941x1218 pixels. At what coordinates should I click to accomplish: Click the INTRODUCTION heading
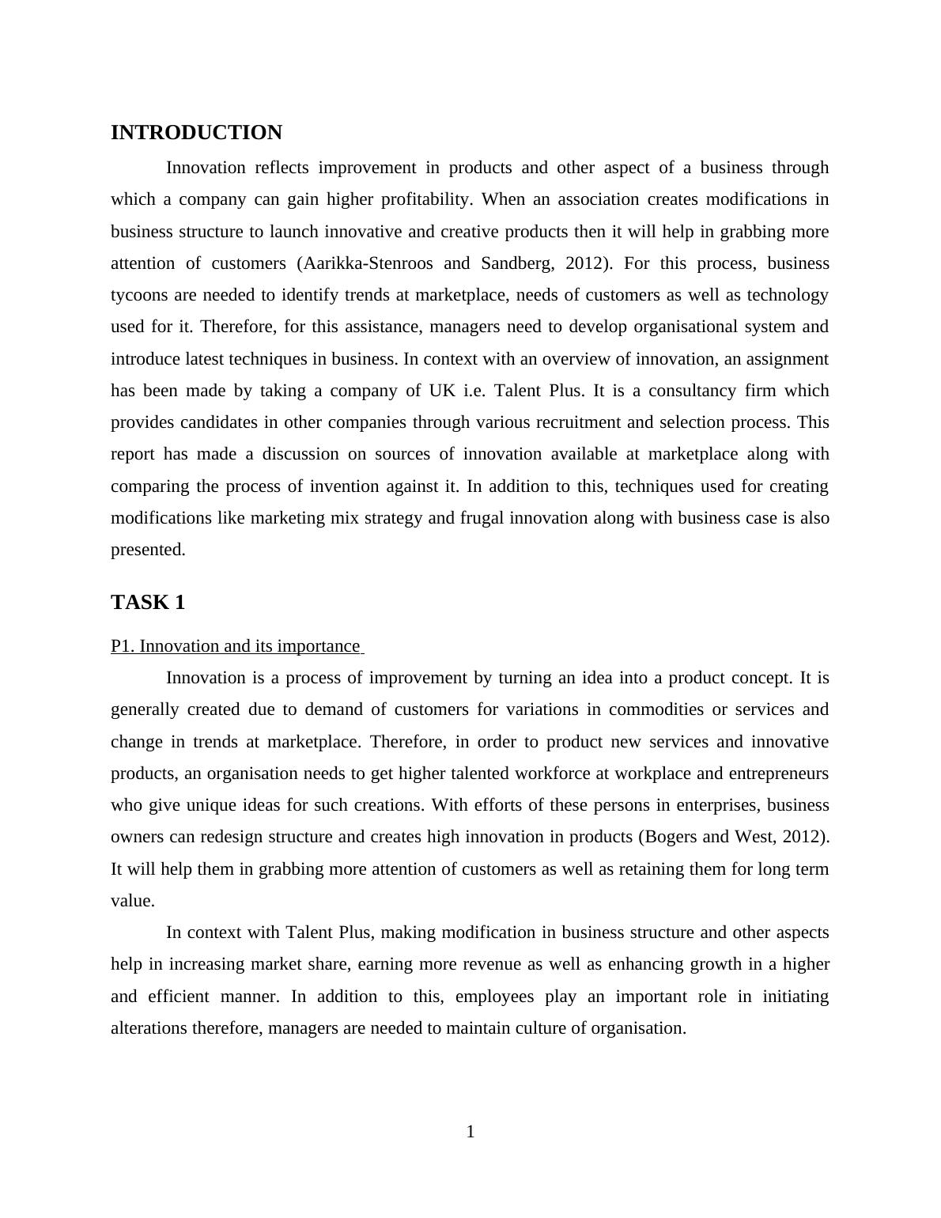(196, 133)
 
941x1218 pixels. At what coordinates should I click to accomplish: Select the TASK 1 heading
(148, 603)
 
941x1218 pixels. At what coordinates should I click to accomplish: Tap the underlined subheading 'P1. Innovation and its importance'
(236, 646)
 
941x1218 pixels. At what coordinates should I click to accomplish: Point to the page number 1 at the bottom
(470, 1132)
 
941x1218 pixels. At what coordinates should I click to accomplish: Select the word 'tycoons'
(139, 295)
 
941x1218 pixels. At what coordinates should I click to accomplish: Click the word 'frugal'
(482, 518)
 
